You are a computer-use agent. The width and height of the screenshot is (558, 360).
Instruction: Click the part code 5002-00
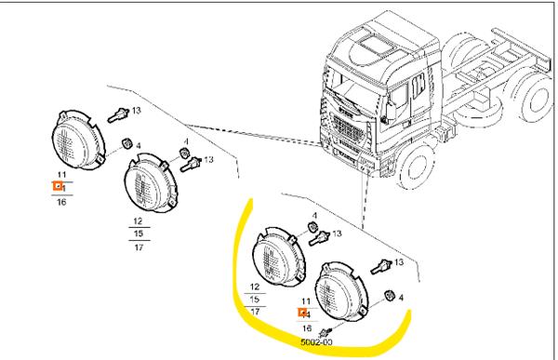tap(316, 343)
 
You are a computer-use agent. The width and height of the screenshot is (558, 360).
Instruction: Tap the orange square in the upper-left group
tap(58, 186)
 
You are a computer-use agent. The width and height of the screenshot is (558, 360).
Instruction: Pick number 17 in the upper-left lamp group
tap(139, 247)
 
